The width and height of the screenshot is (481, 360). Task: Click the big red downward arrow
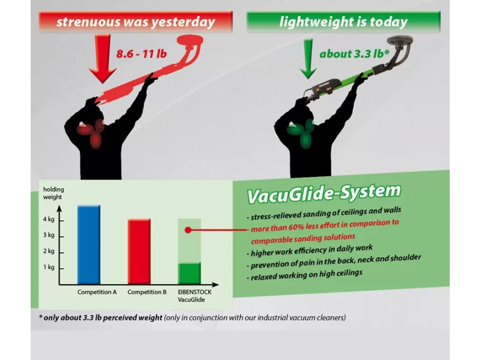tap(103, 58)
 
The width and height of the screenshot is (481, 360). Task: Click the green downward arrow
tap(308, 58)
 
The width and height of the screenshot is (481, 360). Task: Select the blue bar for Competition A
tap(88, 245)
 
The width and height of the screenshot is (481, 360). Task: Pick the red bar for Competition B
tap(139, 251)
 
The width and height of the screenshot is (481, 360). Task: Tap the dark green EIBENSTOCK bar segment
tap(189, 273)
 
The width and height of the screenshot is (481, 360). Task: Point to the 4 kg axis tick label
tap(49, 219)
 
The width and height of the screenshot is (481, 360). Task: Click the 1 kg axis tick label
tap(49, 267)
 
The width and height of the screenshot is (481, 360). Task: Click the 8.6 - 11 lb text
tap(141, 54)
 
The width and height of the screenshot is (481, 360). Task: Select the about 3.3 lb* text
tap(354, 54)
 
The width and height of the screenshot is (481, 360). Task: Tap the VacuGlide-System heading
tap(324, 194)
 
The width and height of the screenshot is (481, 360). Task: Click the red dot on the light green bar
tap(188, 230)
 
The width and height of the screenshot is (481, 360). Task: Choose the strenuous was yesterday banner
tap(136, 22)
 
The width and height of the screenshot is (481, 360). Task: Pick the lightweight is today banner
tap(343, 22)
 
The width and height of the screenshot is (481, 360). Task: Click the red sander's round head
tap(190, 40)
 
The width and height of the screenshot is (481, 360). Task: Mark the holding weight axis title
tap(54, 193)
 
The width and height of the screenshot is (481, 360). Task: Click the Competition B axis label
tap(147, 292)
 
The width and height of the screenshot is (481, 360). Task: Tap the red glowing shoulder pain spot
tap(91, 132)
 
